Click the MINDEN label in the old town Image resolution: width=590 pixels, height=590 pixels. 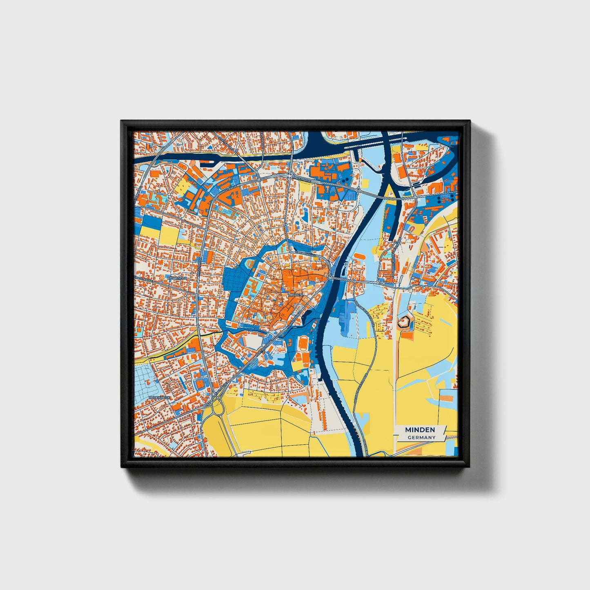(x=295, y=294)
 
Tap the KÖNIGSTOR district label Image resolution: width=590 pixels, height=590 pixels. (x=177, y=278)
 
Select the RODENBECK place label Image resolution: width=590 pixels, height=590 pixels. (x=159, y=397)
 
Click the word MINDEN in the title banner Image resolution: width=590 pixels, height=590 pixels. (x=420, y=430)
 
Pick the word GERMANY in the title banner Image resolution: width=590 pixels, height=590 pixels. (x=421, y=437)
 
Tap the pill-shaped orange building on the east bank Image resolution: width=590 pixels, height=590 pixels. (x=358, y=255)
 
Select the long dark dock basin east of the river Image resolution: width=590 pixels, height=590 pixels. (x=390, y=221)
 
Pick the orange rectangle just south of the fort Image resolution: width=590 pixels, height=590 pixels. (x=407, y=335)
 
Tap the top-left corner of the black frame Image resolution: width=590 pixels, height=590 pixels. (x=122, y=121)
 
